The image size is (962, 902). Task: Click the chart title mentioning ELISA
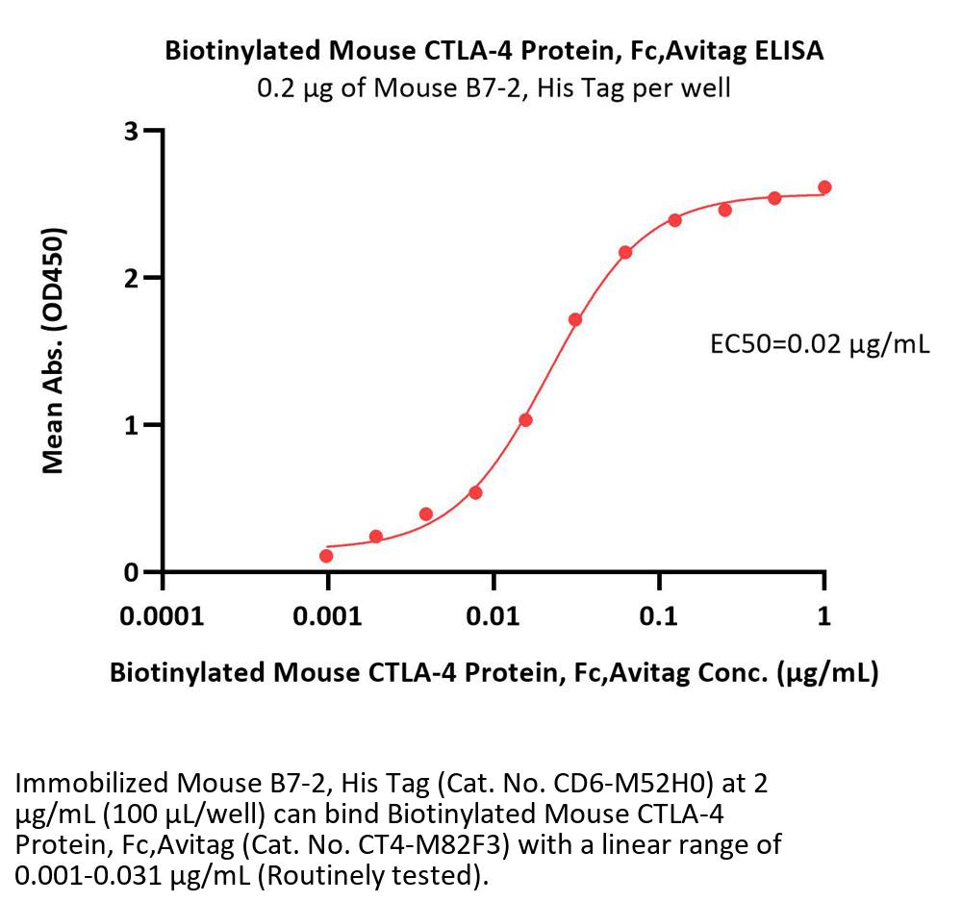(494, 51)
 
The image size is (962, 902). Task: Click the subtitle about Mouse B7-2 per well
(494, 88)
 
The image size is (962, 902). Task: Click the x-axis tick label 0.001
(327, 615)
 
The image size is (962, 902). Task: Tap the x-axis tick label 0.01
(494, 615)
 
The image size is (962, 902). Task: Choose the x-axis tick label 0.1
(659, 615)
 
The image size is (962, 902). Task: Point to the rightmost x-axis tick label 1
(824, 615)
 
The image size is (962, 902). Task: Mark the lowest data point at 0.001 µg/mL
(327, 556)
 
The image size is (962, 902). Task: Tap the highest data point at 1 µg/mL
(824, 188)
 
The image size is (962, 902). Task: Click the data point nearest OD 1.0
(525, 419)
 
